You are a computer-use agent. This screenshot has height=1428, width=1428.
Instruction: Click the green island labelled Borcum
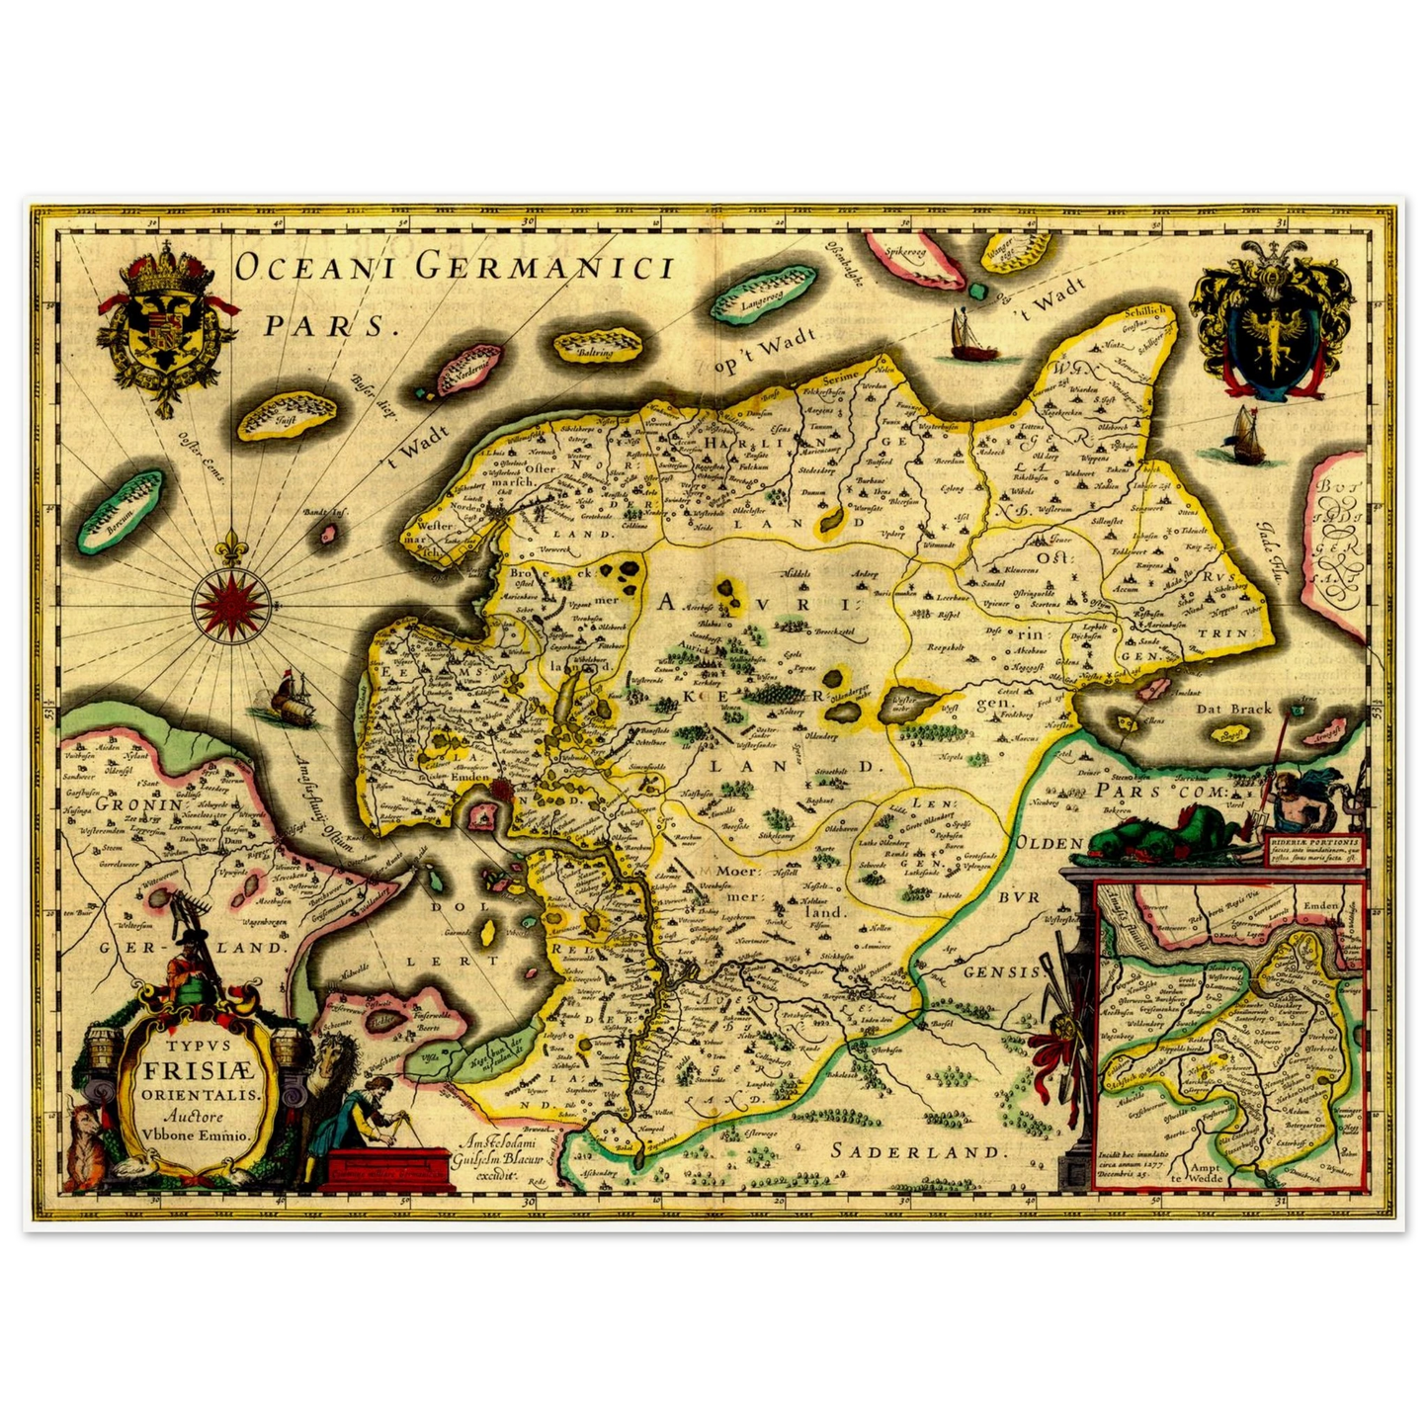[121, 512]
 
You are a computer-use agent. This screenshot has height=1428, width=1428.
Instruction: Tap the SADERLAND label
[917, 1151]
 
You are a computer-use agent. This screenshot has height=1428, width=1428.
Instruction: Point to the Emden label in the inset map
[1319, 905]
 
